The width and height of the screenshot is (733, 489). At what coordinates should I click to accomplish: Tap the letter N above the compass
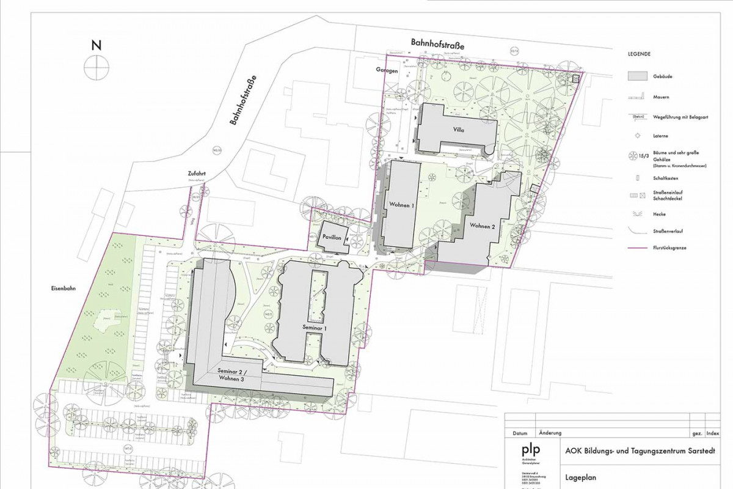96,45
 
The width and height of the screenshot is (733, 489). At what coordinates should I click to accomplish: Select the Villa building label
459,130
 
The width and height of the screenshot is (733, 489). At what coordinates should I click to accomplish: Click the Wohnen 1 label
401,206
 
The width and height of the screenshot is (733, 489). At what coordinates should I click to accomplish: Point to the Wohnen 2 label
482,226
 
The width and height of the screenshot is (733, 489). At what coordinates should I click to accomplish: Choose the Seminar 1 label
316,328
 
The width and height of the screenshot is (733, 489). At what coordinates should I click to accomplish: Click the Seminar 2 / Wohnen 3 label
234,375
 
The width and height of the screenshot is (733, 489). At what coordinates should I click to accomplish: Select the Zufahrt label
197,174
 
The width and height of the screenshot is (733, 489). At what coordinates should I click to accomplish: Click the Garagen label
387,71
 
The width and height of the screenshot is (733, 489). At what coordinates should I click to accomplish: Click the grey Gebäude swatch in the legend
638,76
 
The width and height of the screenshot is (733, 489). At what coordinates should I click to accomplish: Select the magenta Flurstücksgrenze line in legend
638,248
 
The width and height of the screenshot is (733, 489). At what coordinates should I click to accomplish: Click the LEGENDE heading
639,54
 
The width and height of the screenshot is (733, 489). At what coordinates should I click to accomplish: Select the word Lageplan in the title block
580,479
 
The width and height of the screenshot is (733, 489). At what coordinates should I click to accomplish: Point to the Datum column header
520,433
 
